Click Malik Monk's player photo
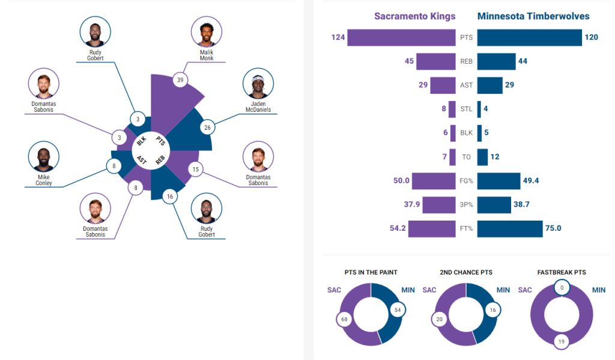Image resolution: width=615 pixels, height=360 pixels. (x=207, y=32)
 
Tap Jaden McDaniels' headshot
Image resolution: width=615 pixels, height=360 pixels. (x=258, y=84)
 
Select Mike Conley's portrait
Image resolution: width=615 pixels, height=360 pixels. (x=44, y=157)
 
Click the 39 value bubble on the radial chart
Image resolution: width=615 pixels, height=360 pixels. (x=179, y=80)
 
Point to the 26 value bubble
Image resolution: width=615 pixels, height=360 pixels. (x=208, y=127)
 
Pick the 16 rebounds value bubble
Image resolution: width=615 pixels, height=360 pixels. (x=170, y=197)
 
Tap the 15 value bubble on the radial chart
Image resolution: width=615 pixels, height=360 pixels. (x=194, y=169)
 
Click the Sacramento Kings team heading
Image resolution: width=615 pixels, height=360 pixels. (x=414, y=16)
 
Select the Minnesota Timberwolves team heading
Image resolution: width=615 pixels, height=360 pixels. (x=533, y=16)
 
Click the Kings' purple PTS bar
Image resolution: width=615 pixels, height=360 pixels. (x=401, y=38)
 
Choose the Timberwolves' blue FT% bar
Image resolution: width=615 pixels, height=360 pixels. (x=510, y=228)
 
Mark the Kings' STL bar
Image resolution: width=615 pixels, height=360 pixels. (x=452, y=109)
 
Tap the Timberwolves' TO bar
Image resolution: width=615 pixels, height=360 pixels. (x=482, y=157)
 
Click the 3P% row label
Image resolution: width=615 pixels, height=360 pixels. (x=467, y=205)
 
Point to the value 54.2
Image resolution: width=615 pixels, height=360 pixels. (x=398, y=228)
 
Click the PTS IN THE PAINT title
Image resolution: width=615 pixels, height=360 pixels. (x=371, y=272)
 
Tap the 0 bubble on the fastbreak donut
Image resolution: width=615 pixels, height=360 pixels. (x=562, y=288)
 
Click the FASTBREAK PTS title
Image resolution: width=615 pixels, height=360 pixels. (x=562, y=272)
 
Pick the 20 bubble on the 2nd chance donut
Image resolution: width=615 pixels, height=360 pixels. (x=439, y=319)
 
